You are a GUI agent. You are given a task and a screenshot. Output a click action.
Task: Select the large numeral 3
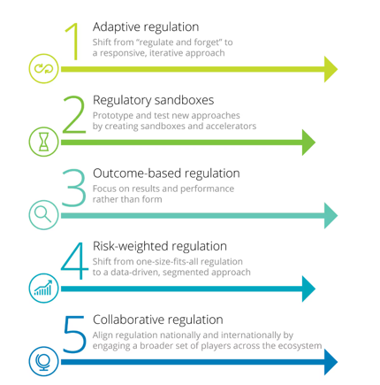74,188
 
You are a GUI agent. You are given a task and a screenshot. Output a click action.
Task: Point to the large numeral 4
74,261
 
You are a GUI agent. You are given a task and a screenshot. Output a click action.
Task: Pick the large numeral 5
74,335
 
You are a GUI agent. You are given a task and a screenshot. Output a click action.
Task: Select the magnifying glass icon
43,214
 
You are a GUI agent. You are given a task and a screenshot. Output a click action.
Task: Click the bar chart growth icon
43,288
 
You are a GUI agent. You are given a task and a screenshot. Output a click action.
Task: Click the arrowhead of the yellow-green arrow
331,69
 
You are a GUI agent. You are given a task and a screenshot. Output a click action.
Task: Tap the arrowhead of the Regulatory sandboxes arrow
308,142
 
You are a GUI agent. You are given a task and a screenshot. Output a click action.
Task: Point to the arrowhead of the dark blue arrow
331,362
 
